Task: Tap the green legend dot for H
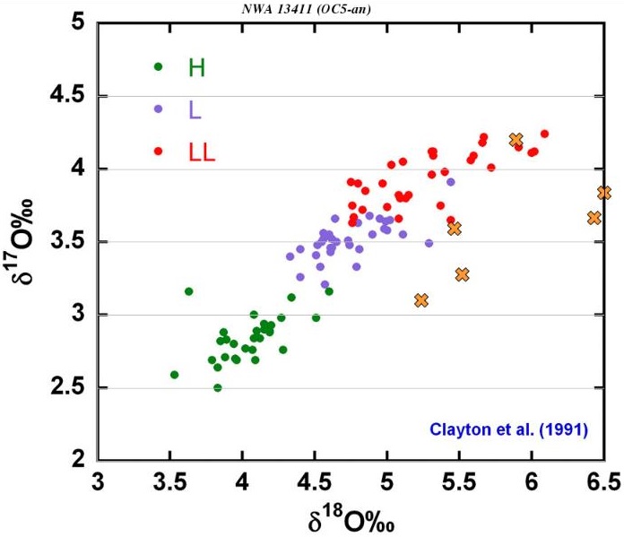pyautogui.click(x=158, y=66)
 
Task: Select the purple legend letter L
pyautogui.click(x=195, y=108)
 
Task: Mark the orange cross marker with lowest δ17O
pyautogui.click(x=421, y=300)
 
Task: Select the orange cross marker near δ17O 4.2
pyautogui.click(x=516, y=140)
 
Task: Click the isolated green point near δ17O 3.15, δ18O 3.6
pyautogui.click(x=188, y=291)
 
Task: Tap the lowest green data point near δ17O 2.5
pyautogui.click(x=217, y=388)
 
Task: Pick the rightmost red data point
pyautogui.click(x=544, y=134)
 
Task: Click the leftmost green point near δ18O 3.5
pyautogui.click(x=174, y=375)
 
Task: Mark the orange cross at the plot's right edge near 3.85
pyautogui.click(x=604, y=193)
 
